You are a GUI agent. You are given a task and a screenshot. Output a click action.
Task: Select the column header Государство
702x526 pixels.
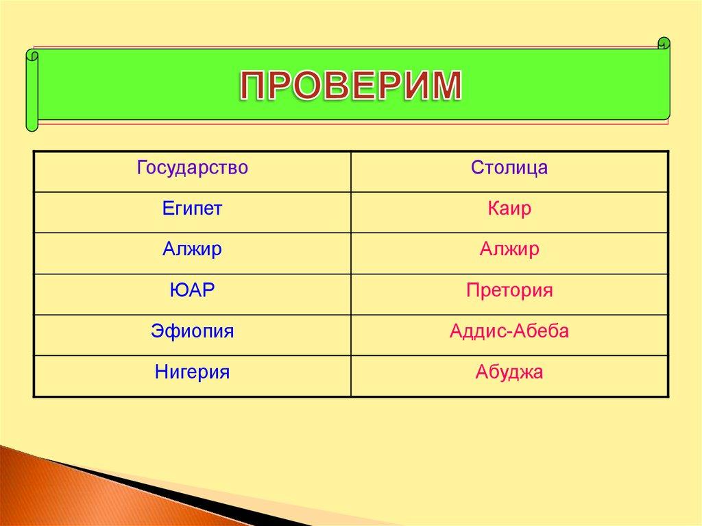[192, 168]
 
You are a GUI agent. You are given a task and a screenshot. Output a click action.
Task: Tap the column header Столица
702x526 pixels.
[509, 168]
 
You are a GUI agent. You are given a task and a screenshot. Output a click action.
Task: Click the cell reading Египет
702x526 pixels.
[192, 209]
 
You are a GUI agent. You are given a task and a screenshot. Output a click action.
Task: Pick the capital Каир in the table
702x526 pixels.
[509, 209]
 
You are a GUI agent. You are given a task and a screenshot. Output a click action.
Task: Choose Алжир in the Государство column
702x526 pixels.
[192, 250]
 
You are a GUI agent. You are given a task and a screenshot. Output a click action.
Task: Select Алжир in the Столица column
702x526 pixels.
[509, 250]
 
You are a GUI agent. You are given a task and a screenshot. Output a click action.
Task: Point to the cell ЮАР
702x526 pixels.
[192, 291]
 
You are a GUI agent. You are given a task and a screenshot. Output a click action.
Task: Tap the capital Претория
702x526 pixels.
[509, 291]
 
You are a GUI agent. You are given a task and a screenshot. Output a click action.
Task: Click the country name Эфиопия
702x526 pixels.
[192, 332]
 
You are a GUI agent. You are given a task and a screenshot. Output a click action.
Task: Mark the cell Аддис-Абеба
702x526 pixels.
[509, 332]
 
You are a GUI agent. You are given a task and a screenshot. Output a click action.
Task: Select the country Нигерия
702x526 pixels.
[192, 372]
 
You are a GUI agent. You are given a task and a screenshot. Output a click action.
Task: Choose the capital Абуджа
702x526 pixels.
[509, 372]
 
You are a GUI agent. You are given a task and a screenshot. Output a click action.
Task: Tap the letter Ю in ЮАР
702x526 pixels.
[177, 291]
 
